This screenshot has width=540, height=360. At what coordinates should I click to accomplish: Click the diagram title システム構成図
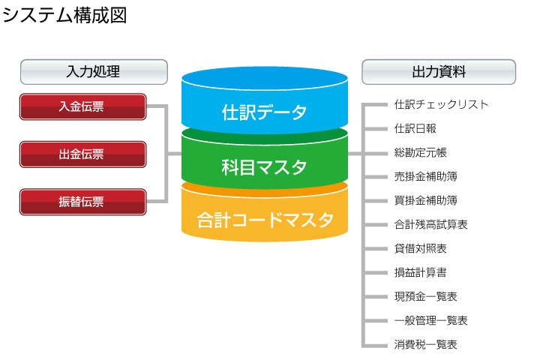64,16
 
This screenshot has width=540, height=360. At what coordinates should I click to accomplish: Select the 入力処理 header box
94,72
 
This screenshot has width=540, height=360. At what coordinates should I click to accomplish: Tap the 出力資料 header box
439,72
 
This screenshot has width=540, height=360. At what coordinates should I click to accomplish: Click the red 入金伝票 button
83,106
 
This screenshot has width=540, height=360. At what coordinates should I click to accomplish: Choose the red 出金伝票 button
83,154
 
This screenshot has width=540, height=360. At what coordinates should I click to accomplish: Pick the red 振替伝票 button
83,202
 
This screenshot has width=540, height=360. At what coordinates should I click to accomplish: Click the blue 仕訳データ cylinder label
264,112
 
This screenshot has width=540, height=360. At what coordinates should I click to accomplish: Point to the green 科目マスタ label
264,167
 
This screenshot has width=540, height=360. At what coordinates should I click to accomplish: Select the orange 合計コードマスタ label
265,220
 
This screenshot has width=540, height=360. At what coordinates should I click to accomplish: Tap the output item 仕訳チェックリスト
442,104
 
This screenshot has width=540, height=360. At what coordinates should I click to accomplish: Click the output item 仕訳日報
415,128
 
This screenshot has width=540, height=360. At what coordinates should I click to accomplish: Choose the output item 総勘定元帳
421,152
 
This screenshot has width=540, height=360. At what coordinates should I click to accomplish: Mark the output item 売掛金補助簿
426,177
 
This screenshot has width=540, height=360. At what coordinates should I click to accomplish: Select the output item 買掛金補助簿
426,200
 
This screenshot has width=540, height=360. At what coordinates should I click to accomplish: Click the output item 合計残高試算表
430,224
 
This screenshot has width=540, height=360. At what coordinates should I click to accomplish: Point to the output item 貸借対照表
421,248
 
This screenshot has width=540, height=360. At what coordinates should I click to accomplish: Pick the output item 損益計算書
421,272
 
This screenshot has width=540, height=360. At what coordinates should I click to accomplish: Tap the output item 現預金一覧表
426,296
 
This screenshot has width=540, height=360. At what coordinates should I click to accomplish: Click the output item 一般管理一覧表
430,321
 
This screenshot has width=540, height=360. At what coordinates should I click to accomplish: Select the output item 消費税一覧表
426,344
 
